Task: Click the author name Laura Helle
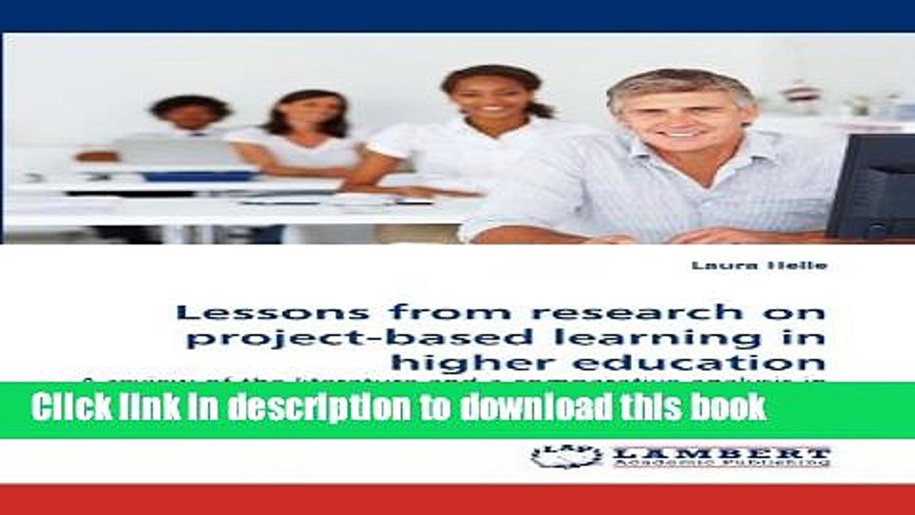click(x=758, y=266)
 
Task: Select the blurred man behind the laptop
click(x=190, y=118)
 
